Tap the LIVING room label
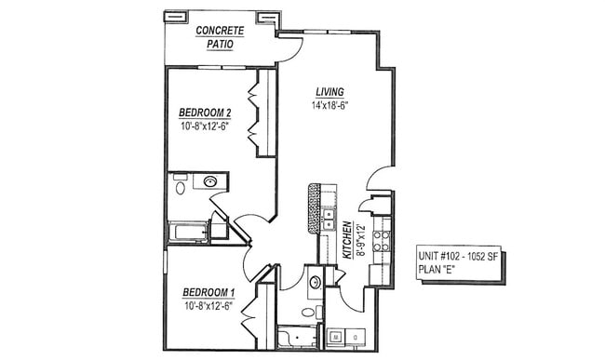(329, 91)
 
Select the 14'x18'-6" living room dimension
(329, 105)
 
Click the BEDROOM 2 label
(205, 113)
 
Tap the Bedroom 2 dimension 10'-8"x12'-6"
(205, 127)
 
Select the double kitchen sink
(329, 220)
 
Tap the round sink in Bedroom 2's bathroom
(211, 182)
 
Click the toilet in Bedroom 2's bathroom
(180, 187)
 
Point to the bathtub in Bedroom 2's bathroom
(189, 232)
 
